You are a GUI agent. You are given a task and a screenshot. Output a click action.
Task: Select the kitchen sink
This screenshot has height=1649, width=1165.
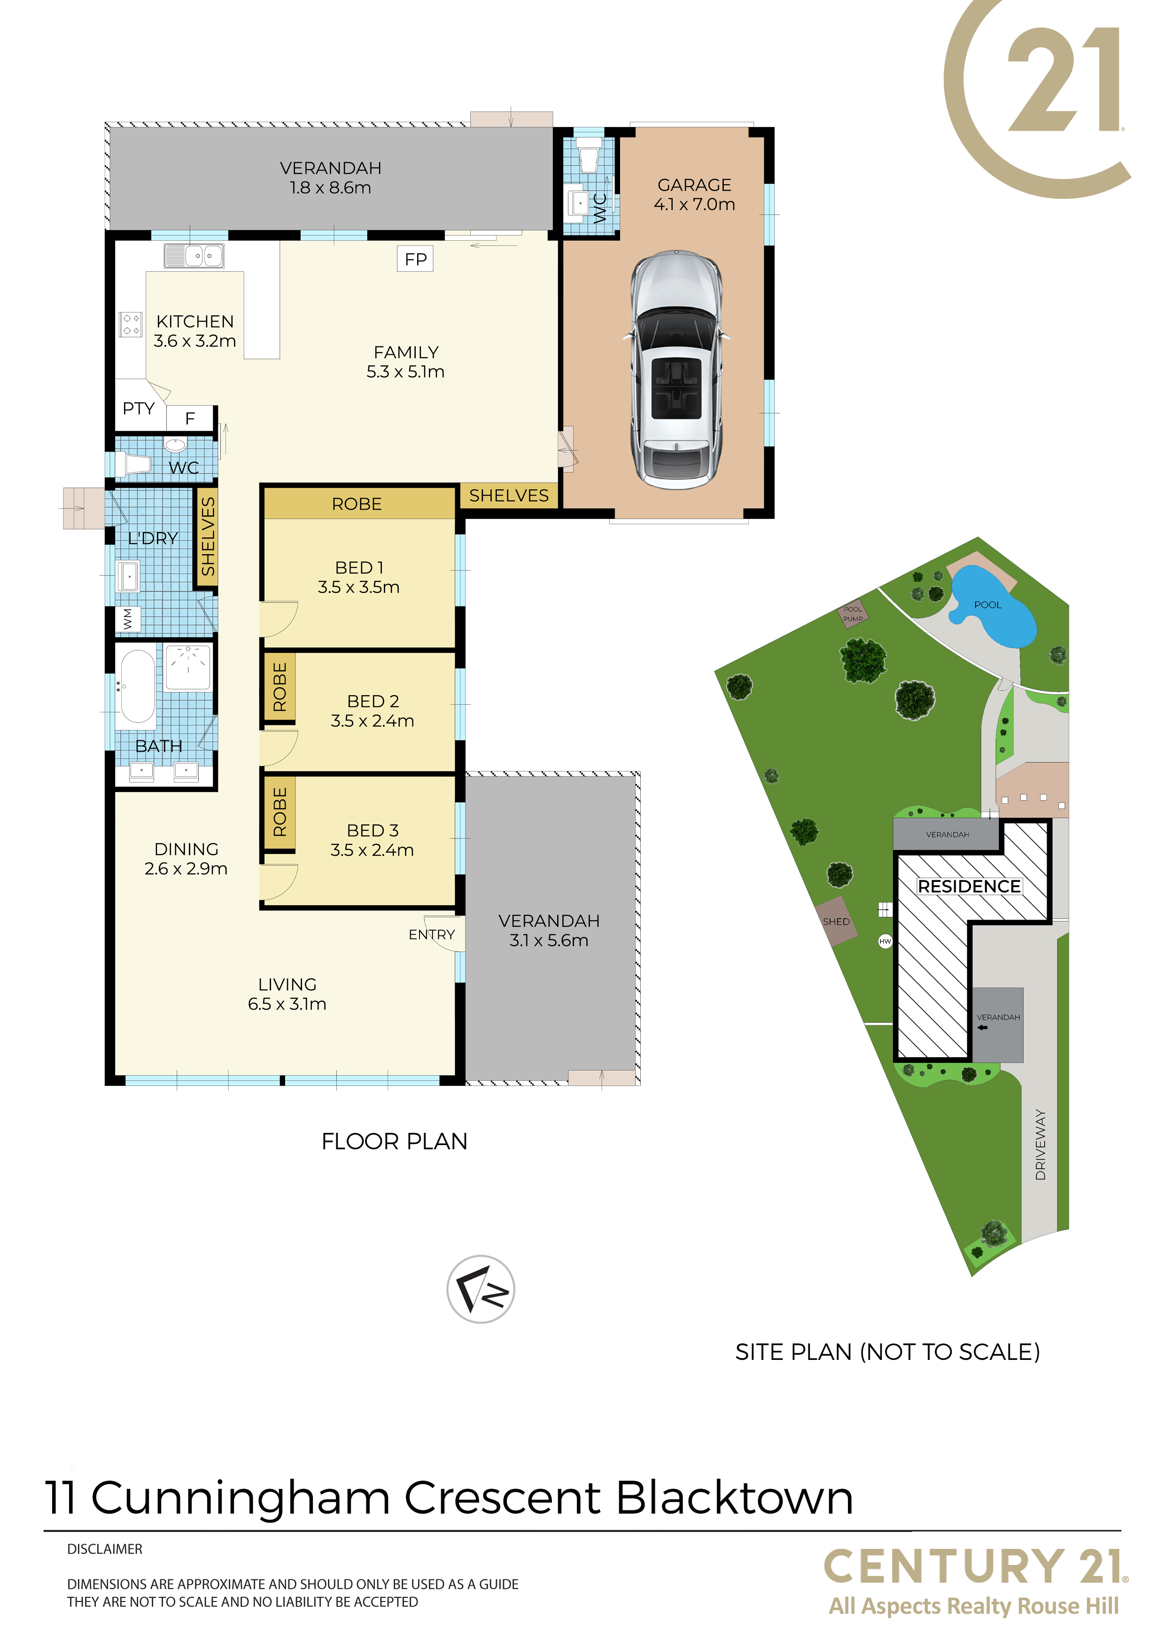coord(194,255)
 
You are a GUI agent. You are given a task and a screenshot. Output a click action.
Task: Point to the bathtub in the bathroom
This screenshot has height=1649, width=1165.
coord(138,686)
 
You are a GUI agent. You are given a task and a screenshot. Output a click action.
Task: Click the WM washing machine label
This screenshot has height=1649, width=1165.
coord(128,619)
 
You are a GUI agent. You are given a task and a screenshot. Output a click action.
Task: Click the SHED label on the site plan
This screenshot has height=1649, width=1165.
coord(836,921)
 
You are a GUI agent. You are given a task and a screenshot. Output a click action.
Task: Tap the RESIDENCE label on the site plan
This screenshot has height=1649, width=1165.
coord(969,886)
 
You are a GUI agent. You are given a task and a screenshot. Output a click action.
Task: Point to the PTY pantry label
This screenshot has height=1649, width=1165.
coord(139,408)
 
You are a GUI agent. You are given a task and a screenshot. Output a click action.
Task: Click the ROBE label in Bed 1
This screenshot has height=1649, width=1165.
coord(357,504)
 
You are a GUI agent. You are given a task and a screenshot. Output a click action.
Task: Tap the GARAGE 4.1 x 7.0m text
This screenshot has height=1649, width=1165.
coord(694,195)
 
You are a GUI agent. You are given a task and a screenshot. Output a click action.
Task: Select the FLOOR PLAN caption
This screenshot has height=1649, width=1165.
coord(394,1141)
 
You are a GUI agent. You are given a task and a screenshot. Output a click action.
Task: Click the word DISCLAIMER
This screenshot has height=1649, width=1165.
coord(105,1549)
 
